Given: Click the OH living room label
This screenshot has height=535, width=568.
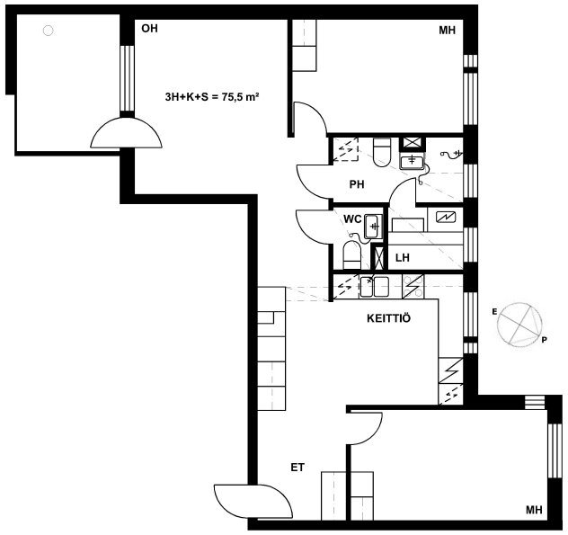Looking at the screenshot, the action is point(149,28).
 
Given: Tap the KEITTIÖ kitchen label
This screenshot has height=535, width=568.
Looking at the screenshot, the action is point(388,318).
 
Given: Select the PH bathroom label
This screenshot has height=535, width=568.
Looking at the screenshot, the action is point(357,184).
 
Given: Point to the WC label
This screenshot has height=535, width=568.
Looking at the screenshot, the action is point(352,218).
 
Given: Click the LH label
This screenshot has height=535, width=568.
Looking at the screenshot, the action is point(403,258).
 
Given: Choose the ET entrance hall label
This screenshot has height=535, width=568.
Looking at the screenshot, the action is point(297,468).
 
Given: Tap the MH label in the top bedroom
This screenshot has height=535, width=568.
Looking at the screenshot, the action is point(447,30).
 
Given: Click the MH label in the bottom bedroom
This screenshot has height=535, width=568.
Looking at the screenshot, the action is point(534,510).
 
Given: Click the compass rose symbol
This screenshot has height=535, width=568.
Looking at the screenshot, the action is point(519,324).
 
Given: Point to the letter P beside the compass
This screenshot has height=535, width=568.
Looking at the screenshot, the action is point(544,340).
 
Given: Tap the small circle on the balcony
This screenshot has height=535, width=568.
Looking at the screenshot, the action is point(49,31).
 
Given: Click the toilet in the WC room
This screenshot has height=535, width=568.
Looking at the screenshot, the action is point(351,254).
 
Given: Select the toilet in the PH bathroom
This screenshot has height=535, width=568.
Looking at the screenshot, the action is point(381,152).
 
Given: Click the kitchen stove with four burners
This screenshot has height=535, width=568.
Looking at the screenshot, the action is point(413,286).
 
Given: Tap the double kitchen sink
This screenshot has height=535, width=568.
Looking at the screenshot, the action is point(374,287).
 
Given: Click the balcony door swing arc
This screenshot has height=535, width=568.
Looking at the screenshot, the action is point(126,132).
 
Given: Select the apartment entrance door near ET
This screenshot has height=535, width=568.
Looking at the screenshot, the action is point(253,502).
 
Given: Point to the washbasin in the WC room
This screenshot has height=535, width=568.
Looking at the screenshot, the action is point(374,227).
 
